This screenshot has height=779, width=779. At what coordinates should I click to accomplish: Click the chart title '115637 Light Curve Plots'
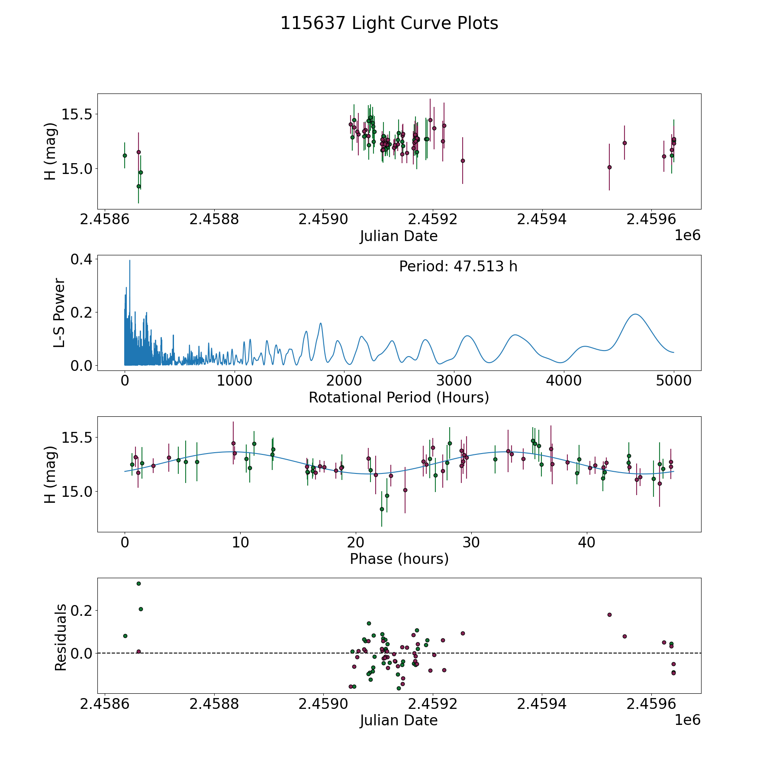[x=389, y=23]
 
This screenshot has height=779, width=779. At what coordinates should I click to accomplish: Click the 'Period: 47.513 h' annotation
[x=458, y=267]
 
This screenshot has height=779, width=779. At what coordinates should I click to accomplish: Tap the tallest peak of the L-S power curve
[x=129, y=261]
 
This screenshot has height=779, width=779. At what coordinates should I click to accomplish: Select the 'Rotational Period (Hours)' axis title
[x=399, y=397]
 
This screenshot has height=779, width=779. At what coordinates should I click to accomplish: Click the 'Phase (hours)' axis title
[x=399, y=559]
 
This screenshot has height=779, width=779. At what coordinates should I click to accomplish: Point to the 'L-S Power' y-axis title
[x=59, y=312]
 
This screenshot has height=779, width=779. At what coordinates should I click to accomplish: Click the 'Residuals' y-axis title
[x=61, y=637]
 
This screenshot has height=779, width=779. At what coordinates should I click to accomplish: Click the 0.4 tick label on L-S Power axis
[x=82, y=259]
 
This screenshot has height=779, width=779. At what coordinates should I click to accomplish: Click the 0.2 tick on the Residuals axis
[x=82, y=611]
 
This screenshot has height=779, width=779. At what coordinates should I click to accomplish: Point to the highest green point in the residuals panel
[x=138, y=583]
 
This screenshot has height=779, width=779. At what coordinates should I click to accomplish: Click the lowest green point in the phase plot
[x=382, y=509]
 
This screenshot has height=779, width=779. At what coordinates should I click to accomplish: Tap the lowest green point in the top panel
[x=138, y=186]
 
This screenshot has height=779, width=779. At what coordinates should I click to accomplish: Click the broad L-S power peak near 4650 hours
[x=635, y=314]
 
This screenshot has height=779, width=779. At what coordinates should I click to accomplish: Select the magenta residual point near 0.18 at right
[x=609, y=615]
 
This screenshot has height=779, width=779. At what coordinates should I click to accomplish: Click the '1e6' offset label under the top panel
[x=687, y=235]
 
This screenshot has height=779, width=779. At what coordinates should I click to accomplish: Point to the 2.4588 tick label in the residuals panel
[x=214, y=704]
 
